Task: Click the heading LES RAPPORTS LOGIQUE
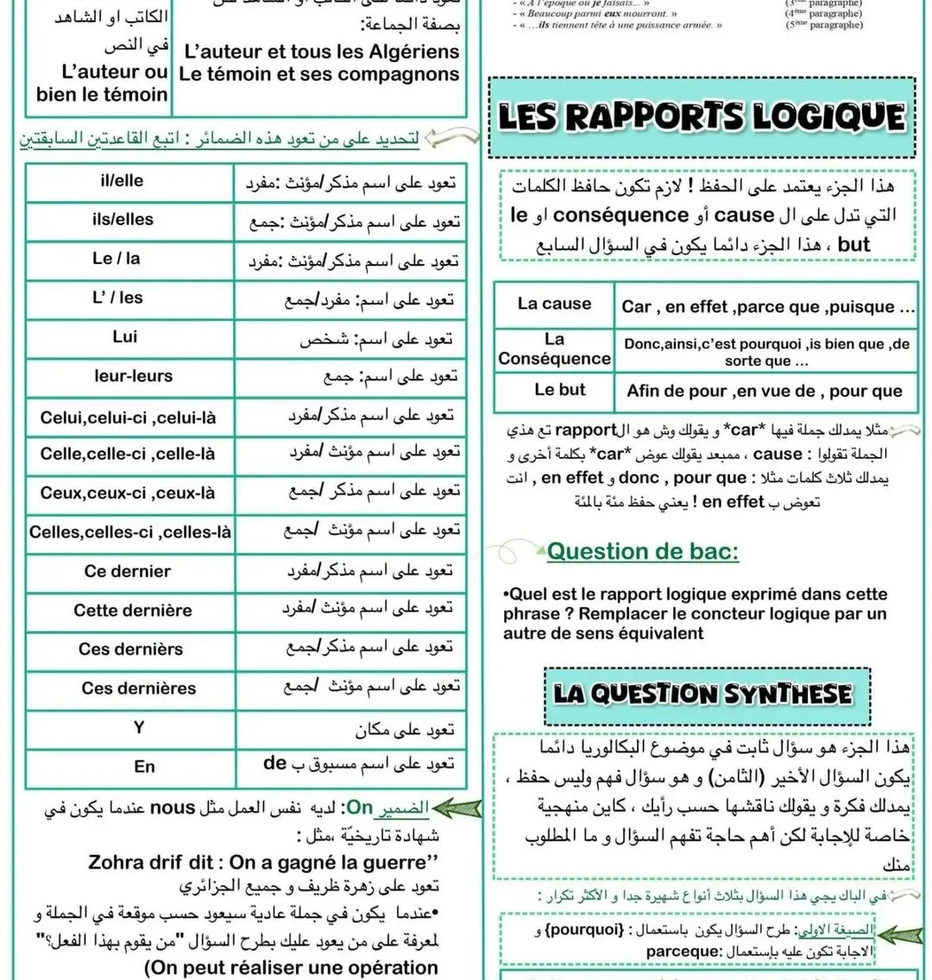coord(702,117)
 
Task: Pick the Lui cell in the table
coord(125,336)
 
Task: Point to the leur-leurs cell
coord(133,376)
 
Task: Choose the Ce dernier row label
coord(128,571)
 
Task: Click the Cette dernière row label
coord(133,611)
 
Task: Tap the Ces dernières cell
coord(138,688)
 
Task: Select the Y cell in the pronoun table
coord(139,728)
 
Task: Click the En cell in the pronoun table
coord(144,766)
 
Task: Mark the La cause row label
coord(554,304)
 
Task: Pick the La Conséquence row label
coord(554,349)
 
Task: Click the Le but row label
coord(559,390)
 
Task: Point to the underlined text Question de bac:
coord(643,551)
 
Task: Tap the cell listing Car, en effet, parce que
coord(768,306)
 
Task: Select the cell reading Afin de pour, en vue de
coord(765,392)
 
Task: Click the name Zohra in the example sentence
coord(118,863)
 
